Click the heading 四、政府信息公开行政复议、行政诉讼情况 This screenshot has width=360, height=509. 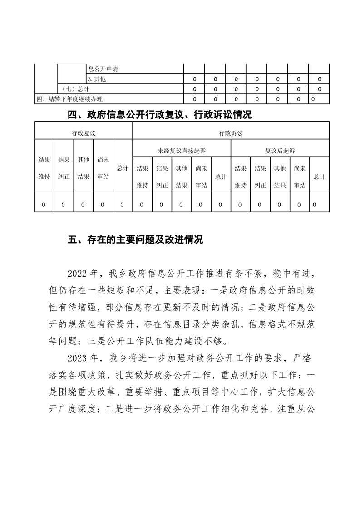click(x=159, y=115)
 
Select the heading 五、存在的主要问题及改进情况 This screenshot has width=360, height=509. click(x=135, y=240)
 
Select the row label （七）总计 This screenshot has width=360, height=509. click(x=73, y=89)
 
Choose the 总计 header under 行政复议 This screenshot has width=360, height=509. click(x=122, y=168)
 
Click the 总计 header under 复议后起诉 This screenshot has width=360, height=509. click(x=319, y=176)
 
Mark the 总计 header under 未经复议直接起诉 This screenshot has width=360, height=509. click(x=221, y=176)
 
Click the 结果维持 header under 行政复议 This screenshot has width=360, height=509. click(x=44, y=168)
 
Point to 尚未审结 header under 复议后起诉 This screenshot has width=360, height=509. click(x=300, y=176)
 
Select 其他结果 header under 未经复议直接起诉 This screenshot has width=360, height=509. click(x=182, y=176)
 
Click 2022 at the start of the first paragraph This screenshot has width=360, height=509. click(x=76, y=274)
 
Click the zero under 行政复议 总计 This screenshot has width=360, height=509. click(x=122, y=205)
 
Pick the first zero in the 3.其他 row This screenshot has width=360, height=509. click(x=194, y=79)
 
